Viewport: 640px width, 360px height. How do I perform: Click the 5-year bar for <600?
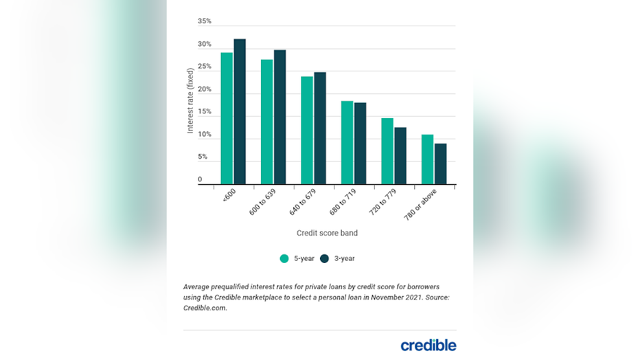[x=227, y=118]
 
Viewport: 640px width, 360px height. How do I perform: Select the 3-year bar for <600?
[x=240, y=111]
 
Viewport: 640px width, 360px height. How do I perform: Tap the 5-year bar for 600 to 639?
[x=266, y=122]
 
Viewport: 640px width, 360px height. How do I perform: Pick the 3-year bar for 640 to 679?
[x=320, y=128]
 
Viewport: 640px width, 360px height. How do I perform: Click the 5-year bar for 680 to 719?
[x=347, y=142]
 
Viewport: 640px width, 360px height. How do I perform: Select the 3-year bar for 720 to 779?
[x=400, y=155]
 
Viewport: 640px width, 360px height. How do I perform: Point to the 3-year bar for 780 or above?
[x=440, y=164]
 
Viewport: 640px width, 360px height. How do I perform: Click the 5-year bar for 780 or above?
[x=427, y=159]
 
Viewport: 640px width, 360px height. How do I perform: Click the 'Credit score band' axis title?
[x=327, y=233]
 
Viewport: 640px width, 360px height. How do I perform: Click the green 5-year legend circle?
[x=284, y=259]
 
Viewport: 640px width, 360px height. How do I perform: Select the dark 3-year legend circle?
[x=325, y=259]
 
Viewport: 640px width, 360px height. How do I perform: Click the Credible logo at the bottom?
[x=428, y=344]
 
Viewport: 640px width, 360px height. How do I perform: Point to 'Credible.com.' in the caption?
[x=205, y=308]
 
